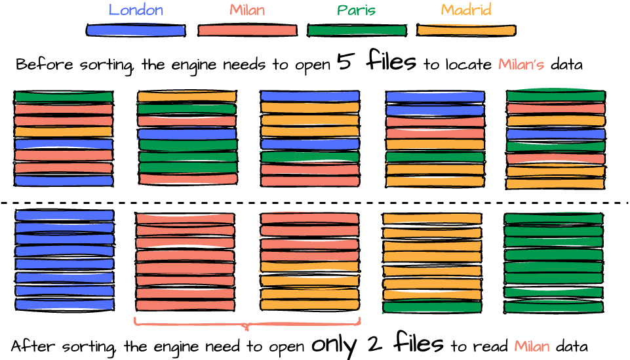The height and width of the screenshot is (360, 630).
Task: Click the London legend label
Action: (136, 10)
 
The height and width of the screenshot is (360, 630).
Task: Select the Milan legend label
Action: (247, 10)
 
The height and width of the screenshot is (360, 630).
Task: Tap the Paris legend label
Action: (357, 10)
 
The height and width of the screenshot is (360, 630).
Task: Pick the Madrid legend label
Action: (465, 10)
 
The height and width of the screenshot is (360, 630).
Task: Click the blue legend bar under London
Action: (136, 30)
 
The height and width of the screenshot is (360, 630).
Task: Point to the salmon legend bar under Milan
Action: (247, 30)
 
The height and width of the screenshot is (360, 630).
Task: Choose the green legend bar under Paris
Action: (357, 30)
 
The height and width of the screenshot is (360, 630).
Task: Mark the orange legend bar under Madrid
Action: (465, 30)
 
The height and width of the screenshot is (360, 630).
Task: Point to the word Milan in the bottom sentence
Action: (532, 346)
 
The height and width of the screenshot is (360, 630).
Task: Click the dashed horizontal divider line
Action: (315, 203)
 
